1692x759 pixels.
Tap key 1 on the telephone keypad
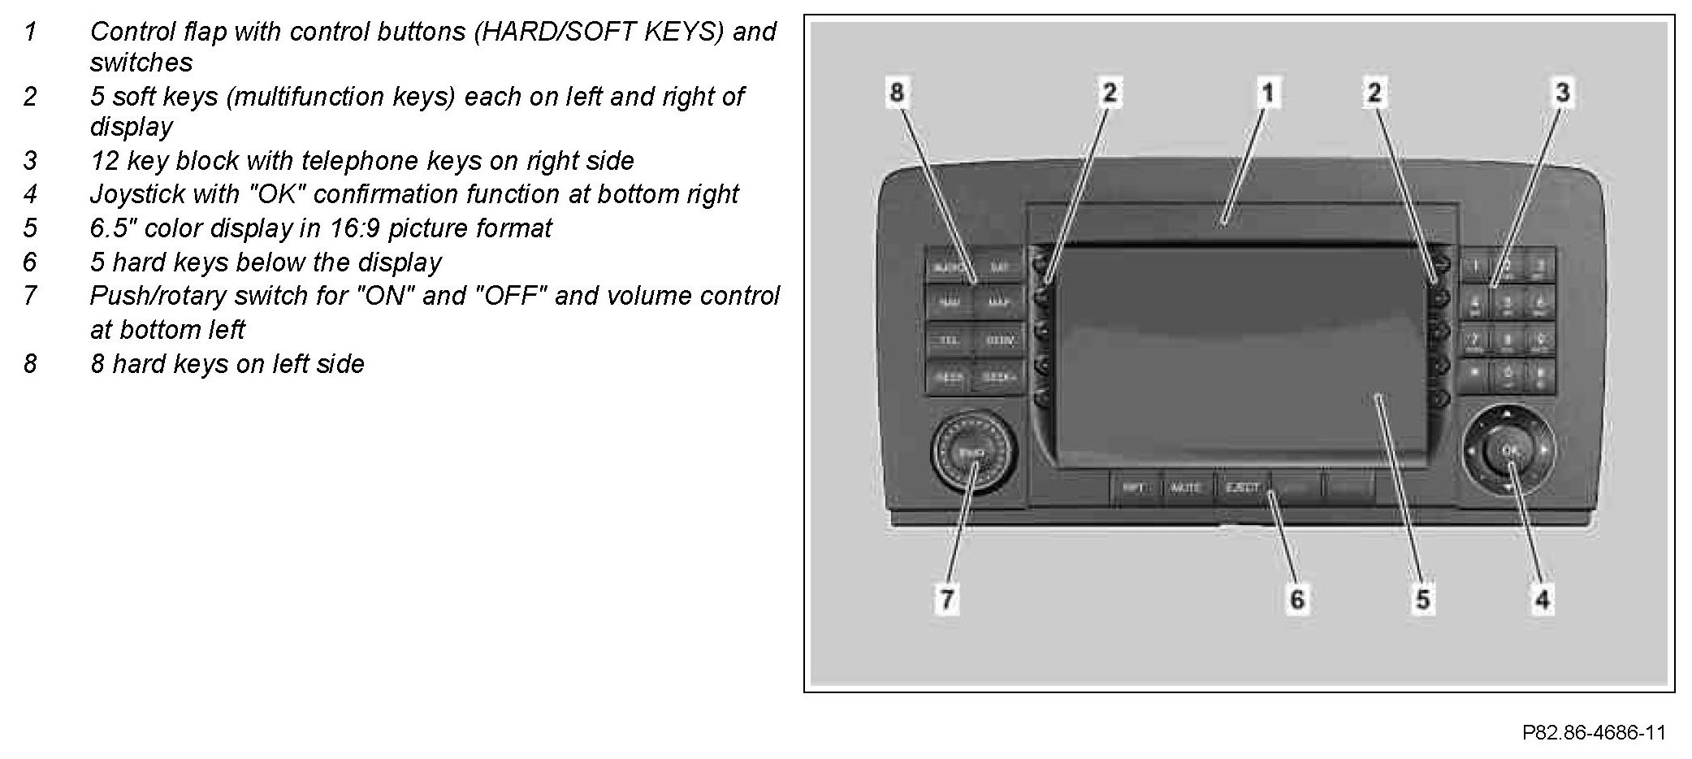click(x=1475, y=266)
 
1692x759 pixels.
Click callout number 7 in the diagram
click(x=947, y=600)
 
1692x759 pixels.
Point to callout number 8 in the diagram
click(x=897, y=92)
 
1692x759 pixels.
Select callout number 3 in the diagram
click(x=1562, y=92)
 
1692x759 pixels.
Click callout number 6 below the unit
click(x=1297, y=600)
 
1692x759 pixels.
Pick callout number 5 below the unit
click(x=1423, y=600)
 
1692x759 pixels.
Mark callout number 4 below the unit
click(x=1542, y=600)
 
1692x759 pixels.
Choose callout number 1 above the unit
click(x=1267, y=92)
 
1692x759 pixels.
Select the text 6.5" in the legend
click(x=113, y=228)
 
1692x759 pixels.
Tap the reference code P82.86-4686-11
click(x=1594, y=733)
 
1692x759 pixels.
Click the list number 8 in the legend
click(x=30, y=364)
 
